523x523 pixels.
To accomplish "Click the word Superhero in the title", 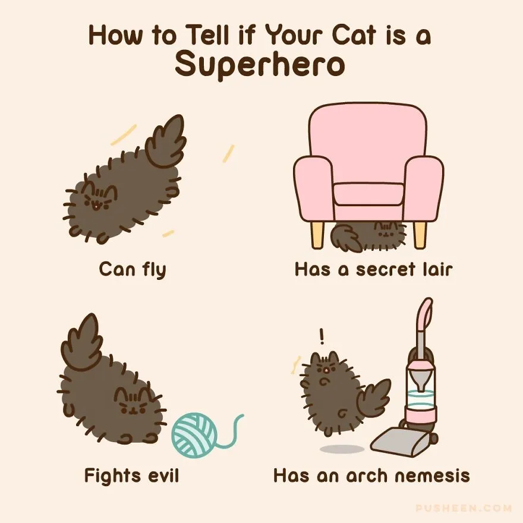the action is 260,64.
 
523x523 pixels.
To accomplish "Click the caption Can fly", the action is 133,269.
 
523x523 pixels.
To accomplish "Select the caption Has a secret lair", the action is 374,269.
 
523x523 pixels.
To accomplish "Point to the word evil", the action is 163,475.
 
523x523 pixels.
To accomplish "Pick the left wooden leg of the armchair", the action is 317,235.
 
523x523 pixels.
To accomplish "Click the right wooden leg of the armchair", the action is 420,235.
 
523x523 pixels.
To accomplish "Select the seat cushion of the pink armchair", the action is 368,194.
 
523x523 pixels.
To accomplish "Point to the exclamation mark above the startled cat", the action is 322,336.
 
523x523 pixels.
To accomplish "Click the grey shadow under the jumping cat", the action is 342,449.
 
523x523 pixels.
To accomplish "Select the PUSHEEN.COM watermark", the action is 464,508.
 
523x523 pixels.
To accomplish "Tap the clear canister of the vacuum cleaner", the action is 420,389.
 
